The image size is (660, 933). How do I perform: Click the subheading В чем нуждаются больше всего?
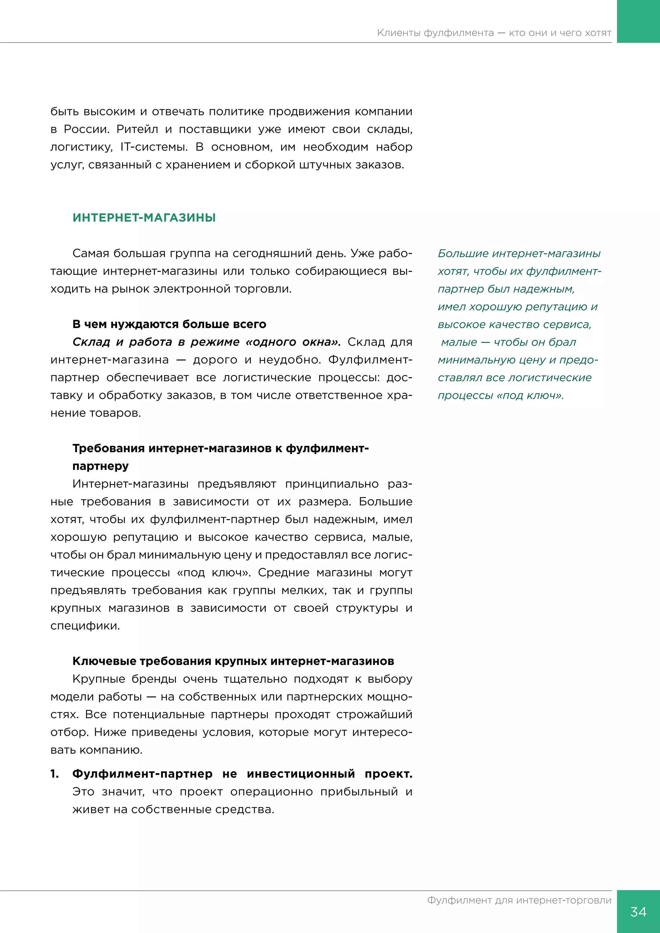pos(169,324)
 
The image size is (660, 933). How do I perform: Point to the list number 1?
pos(54,774)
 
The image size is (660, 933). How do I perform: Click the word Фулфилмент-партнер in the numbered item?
pos(142,774)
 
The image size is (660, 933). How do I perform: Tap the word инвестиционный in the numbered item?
pos(301,774)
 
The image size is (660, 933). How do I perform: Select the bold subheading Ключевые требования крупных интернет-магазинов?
pos(233,661)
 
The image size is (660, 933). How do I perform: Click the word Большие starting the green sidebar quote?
pos(462,254)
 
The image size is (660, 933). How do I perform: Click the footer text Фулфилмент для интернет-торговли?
pos(519,900)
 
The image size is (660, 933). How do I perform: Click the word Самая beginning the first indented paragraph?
pos(91,254)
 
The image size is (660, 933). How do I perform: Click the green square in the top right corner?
pos(638,21)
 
